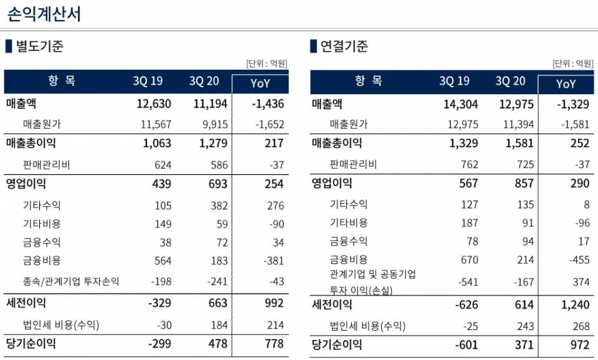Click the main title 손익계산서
click(44, 14)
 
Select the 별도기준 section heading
click(40, 46)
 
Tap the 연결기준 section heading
click(344, 46)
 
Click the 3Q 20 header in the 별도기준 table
click(204, 81)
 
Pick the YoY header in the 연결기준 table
click(566, 83)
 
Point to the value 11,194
click(210, 104)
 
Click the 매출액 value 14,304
click(460, 104)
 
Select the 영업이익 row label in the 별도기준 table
click(26, 184)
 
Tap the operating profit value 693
click(218, 184)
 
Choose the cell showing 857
click(524, 183)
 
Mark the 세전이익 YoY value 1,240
click(575, 305)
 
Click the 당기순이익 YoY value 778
click(274, 344)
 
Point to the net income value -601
click(467, 345)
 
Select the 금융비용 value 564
click(163, 261)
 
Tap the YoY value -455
click(579, 260)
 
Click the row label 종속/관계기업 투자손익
click(71, 282)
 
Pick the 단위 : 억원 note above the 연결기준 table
click(573, 64)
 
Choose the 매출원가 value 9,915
click(215, 125)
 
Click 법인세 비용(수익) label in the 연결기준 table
click(368, 326)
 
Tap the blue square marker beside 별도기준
click(9, 46)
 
